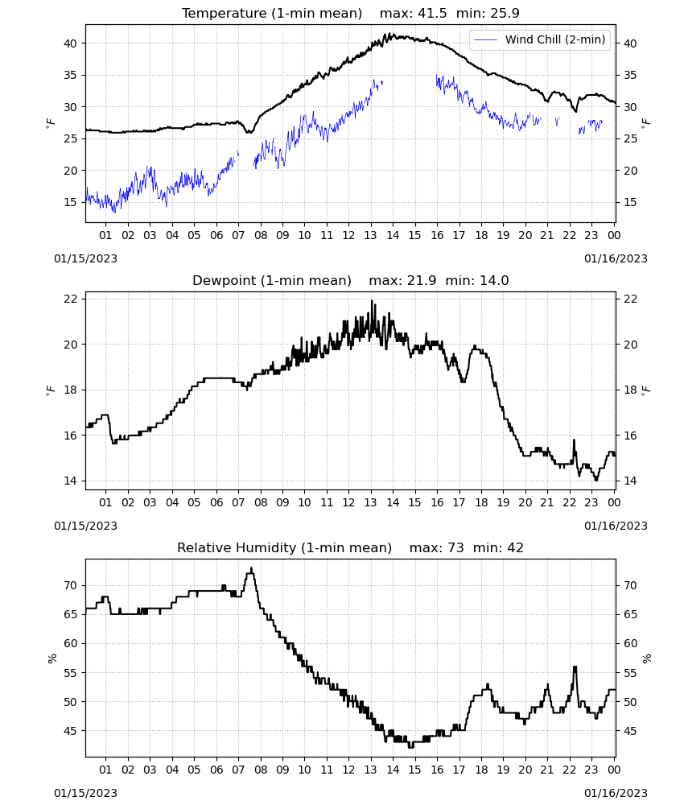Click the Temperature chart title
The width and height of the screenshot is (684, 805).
(351, 14)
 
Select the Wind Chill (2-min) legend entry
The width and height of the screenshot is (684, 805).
(539, 39)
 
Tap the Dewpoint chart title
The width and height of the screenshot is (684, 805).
(351, 281)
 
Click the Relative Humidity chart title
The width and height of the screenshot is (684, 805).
(351, 547)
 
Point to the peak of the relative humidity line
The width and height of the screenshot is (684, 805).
(251, 568)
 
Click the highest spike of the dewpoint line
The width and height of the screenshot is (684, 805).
(372, 301)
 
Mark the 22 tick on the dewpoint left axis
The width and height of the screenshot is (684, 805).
(71, 299)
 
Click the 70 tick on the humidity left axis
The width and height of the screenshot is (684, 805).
(71, 585)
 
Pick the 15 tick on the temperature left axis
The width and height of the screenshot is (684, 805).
(71, 202)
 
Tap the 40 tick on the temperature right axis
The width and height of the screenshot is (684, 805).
(630, 43)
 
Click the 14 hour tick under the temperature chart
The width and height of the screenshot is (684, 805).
(393, 235)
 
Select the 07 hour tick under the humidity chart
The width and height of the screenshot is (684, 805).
(238, 770)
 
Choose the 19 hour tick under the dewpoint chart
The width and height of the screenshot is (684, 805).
(503, 502)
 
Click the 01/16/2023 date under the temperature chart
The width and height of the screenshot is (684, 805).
(616, 258)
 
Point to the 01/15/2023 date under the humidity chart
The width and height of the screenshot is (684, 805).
(85, 793)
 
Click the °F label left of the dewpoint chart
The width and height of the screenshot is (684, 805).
(50, 390)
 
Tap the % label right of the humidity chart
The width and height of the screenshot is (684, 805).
(646, 658)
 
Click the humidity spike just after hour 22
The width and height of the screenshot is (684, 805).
(575, 667)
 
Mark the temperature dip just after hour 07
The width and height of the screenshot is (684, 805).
(250, 132)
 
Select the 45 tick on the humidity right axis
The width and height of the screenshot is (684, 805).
(630, 731)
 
